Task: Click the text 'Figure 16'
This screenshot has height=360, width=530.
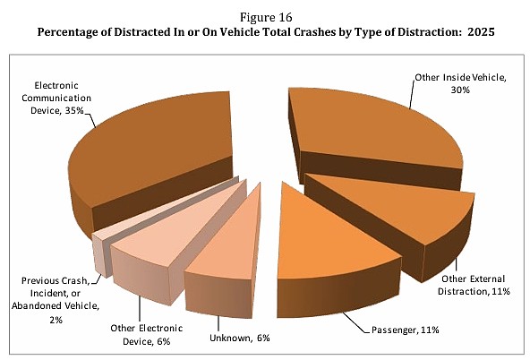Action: pyautogui.click(x=266, y=17)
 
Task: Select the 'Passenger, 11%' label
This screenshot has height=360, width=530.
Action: pyautogui.click(x=405, y=330)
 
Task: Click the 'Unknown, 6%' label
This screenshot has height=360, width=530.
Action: pyautogui.click(x=240, y=338)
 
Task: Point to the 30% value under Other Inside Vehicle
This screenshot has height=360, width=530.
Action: pyautogui.click(x=460, y=90)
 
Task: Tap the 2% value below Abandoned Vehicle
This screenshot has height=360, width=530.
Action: pyautogui.click(x=56, y=320)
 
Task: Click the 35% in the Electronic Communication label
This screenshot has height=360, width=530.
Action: pyautogui.click(x=74, y=110)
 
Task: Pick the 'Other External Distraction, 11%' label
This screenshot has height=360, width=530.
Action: pyautogui.click(x=474, y=285)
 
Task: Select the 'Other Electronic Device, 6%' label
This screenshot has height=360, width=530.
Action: pyautogui.click(x=146, y=335)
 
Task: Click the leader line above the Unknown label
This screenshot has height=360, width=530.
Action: pyautogui.click(x=218, y=324)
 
